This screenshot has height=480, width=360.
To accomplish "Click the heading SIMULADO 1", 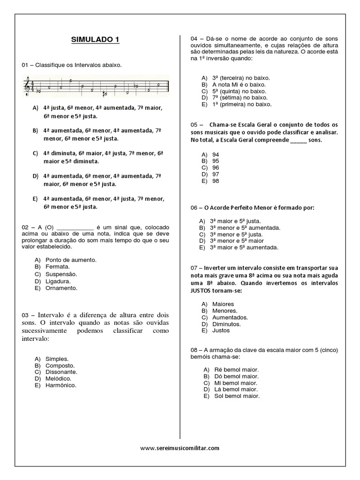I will tap(96, 40).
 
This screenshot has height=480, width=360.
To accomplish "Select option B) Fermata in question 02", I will tap(57, 266).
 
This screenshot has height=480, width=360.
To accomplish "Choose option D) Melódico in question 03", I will tap(58, 378).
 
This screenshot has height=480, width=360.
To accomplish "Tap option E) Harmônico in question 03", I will tap(60, 385).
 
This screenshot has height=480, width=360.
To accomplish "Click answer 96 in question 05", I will tap(216, 167).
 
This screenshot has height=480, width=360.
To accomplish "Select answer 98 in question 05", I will tap(216, 180).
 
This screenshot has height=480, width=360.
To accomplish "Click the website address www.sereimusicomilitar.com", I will tap(180, 448).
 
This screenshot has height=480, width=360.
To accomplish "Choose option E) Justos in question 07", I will tap(221, 330).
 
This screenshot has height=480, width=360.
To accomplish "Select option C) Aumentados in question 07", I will tap(230, 317).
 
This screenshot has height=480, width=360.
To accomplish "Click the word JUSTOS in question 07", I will tap(202, 291).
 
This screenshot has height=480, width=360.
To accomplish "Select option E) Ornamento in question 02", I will tap(61, 288).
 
